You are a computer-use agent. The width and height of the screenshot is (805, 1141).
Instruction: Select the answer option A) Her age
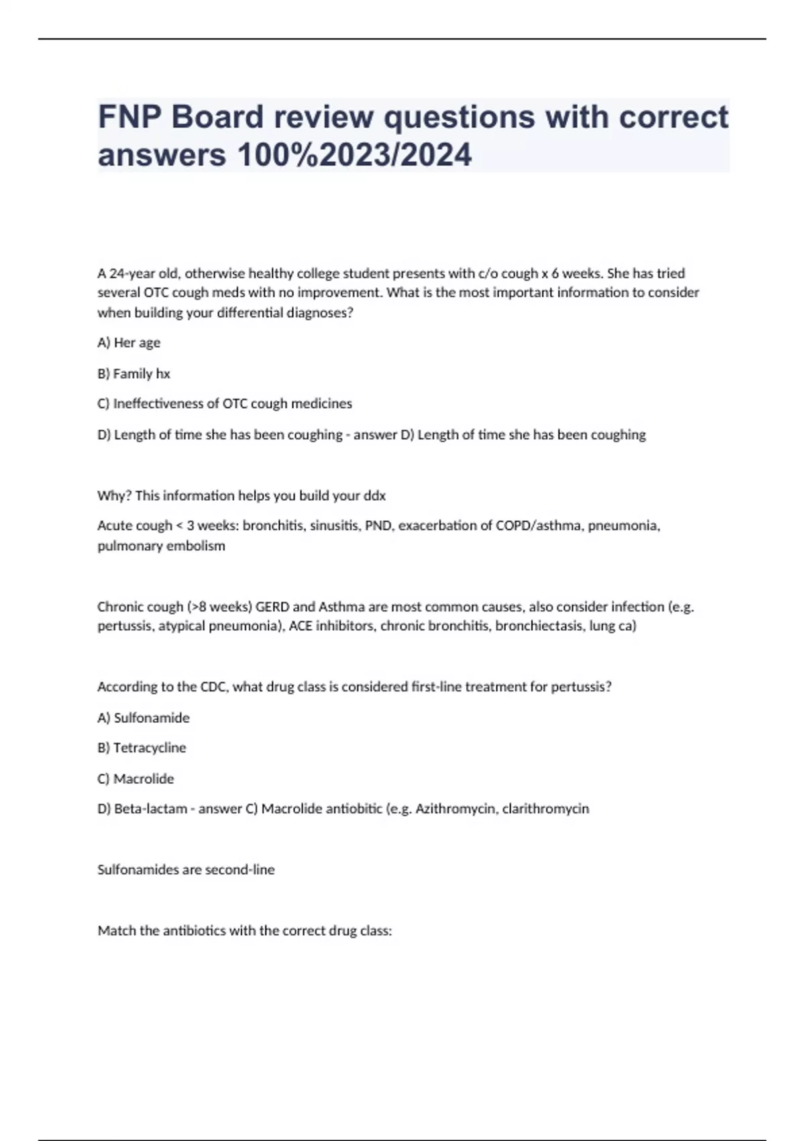[129, 342]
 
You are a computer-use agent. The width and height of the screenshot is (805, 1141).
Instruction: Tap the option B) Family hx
[133, 373]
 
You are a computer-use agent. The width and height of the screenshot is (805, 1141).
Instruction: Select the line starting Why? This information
[241, 495]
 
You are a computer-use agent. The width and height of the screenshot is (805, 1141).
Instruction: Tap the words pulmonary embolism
[161, 546]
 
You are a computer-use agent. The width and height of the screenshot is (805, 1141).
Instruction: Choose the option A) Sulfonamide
[143, 717]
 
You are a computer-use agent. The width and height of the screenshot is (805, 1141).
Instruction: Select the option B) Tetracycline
[142, 748]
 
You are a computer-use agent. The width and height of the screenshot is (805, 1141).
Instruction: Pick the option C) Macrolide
[136, 779]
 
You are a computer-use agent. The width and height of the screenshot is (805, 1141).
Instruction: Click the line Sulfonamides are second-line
[186, 870]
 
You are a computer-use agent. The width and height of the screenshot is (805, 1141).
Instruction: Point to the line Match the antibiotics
[244, 931]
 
